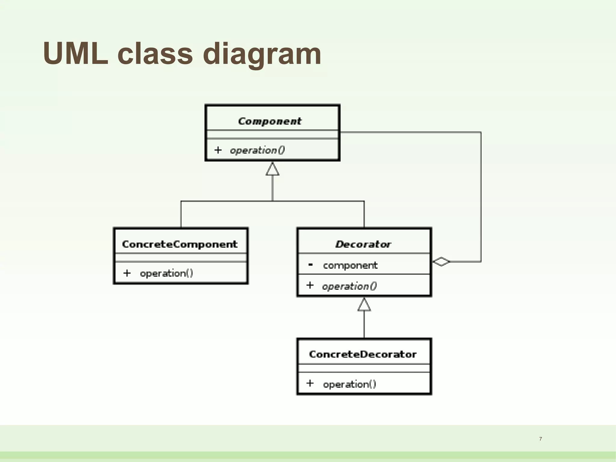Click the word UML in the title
click(x=75, y=54)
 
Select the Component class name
click(x=269, y=121)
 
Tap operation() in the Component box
click(x=257, y=150)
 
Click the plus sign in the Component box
click(x=218, y=150)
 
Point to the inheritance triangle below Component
click(x=273, y=169)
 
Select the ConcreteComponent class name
click(x=180, y=244)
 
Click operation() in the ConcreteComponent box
click(x=166, y=273)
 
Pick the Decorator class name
click(x=363, y=244)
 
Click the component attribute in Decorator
click(x=350, y=265)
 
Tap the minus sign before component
click(x=310, y=265)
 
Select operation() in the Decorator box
click(x=349, y=286)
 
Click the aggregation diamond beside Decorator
click(x=441, y=262)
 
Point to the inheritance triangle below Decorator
click(x=364, y=305)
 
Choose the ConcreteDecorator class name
click(x=363, y=354)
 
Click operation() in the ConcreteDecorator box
click(x=350, y=384)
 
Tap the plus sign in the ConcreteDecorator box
click(x=310, y=383)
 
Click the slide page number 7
click(x=541, y=439)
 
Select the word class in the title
click(x=155, y=54)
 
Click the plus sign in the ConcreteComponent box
click(x=127, y=273)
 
